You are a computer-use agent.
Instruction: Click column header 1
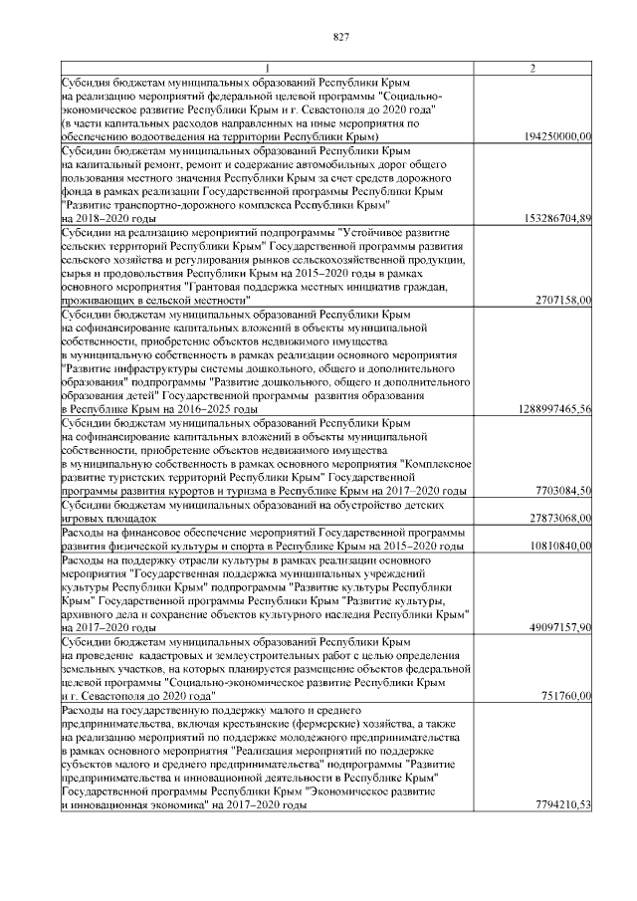(266, 68)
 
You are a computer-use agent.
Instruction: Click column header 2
(533, 68)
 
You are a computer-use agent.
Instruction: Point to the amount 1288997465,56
(554, 408)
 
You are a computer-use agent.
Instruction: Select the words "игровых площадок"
(108, 519)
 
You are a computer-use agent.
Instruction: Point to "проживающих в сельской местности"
(155, 299)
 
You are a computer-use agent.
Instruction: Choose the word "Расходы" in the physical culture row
(81, 533)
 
